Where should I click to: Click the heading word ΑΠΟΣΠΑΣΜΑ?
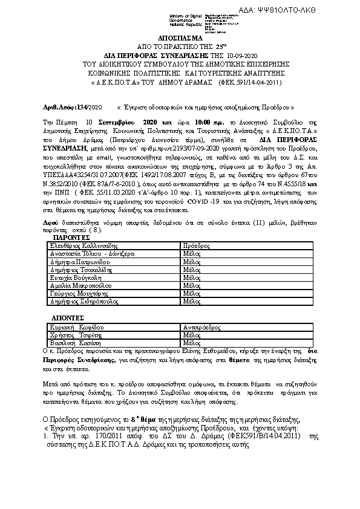point(180,37)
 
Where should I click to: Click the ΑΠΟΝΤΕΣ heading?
point(65,318)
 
